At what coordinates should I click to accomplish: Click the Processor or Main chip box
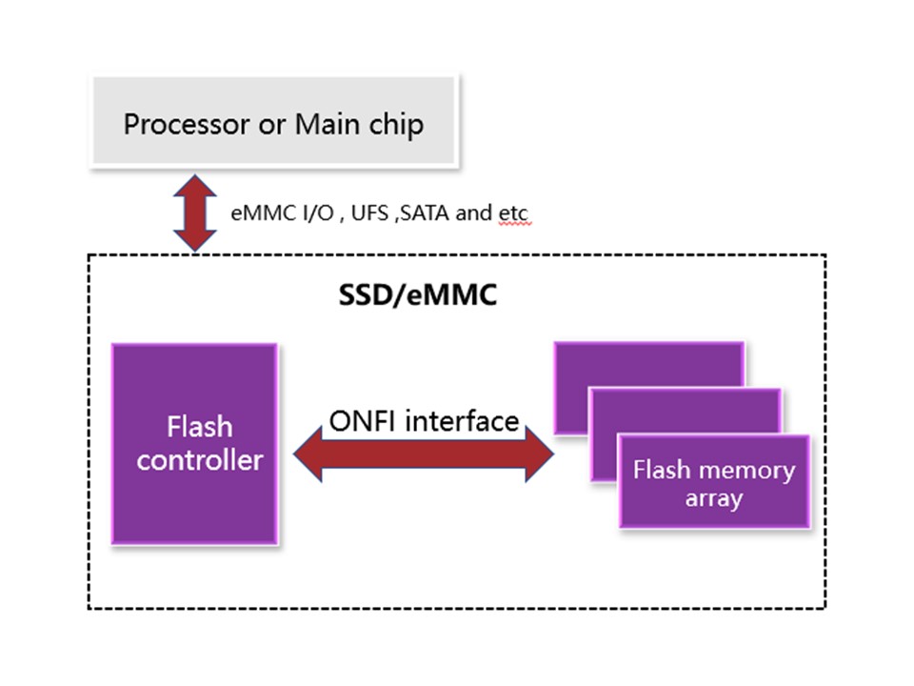(x=274, y=124)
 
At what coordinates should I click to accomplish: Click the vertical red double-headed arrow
(x=195, y=213)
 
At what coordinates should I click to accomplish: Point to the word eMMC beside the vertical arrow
(x=255, y=213)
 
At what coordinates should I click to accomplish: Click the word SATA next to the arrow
(x=427, y=213)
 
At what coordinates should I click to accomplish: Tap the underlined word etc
(x=513, y=213)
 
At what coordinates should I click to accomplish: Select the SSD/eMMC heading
(x=418, y=295)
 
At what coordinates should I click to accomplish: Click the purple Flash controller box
(x=195, y=444)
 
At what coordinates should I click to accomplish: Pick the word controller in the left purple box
(x=200, y=461)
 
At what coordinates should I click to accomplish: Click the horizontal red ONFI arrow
(x=424, y=455)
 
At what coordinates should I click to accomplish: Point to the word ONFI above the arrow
(x=362, y=420)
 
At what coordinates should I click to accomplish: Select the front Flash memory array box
(x=714, y=482)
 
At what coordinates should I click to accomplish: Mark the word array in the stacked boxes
(x=714, y=497)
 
